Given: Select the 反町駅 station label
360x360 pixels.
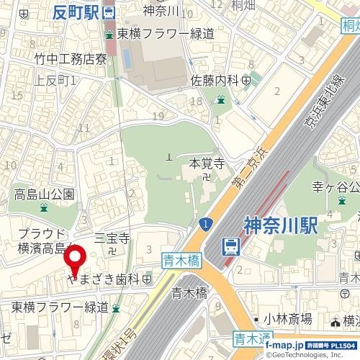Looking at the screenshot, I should [x=76, y=12].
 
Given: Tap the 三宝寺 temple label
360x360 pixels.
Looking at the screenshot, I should [x=112, y=238].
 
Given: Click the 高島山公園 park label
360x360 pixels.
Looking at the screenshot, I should [x=45, y=194].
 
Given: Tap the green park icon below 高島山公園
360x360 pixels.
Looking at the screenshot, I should [x=44, y=208].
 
